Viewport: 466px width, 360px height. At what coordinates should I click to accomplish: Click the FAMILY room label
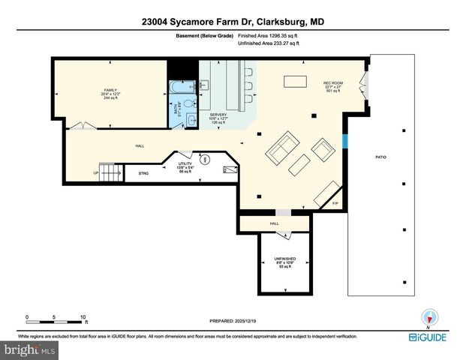(x=110, y=94)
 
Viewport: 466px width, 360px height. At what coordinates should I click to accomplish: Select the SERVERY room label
(x=218, y=118)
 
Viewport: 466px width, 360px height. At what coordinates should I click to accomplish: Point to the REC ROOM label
(x=332, y=87)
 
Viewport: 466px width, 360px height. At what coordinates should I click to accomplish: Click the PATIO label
(x=380, y=157)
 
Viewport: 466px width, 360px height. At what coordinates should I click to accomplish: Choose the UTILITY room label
(x=185, y=167)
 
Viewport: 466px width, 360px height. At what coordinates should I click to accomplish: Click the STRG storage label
(x=143, y=173)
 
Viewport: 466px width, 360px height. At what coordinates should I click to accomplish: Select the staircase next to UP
(x=112, y=174)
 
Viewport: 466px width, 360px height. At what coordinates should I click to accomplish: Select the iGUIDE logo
(x=428, y=338)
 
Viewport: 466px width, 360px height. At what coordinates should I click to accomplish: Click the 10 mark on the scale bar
(x=83, y=316)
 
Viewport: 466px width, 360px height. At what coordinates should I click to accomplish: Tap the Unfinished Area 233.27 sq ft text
(x=268, y=43)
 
